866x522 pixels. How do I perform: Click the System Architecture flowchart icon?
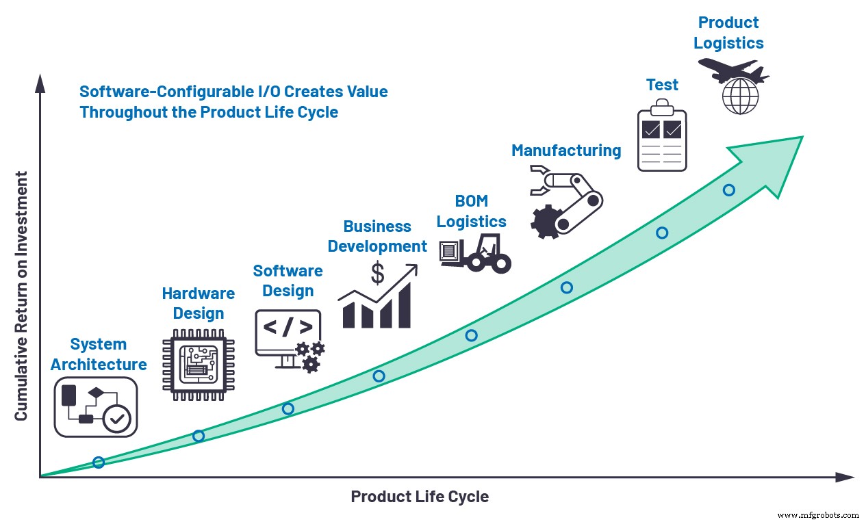point(96,407)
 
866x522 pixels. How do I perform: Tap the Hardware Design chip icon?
point(195,365)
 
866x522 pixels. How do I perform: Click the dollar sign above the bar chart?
point(377,273)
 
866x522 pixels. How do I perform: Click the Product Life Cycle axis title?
point(420,497)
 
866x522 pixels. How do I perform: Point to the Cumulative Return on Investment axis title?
point(21,296)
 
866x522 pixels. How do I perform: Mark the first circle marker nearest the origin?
point(99,462)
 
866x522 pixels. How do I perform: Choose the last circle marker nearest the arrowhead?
point(729,190)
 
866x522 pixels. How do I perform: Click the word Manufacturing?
point(566,151)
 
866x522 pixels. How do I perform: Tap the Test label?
point(662,85)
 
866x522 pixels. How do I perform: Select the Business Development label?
point(377,236)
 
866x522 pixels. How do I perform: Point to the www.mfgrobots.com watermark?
point(818,514)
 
